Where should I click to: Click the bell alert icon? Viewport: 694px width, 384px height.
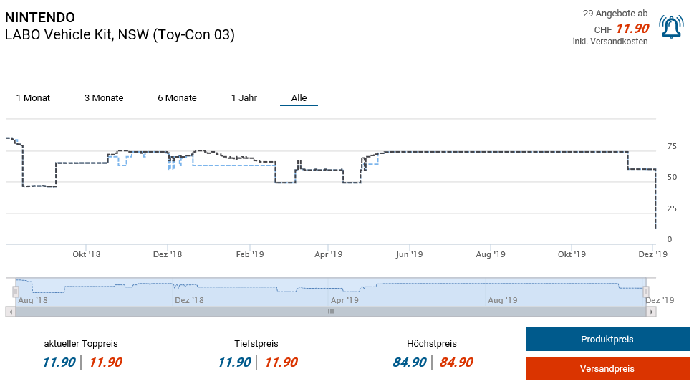click(671, 27)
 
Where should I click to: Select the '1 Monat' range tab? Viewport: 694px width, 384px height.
click(33, 98)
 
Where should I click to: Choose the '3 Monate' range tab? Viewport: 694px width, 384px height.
click(104, 98)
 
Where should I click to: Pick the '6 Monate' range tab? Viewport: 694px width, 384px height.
click(177, 98)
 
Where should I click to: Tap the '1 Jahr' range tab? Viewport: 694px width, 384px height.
click(244, 98)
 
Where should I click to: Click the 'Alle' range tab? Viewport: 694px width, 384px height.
click(299, 98)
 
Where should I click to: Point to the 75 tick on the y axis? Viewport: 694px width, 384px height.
click(671, 147)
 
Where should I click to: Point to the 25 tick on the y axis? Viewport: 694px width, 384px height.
click(671, 209)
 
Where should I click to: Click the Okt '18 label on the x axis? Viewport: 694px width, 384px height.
click(86, 254)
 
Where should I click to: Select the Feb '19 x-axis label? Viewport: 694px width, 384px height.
click(250, 254)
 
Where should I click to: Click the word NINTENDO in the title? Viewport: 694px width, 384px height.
click(39, 17)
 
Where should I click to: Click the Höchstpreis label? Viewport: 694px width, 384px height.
click(431, 344)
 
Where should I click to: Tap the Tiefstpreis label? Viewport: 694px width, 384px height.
click(256, 344)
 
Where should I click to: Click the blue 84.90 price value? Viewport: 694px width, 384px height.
click(410, 363)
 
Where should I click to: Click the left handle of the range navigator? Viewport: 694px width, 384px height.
click(15, 292)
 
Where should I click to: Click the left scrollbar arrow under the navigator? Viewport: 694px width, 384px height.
click(9, 312)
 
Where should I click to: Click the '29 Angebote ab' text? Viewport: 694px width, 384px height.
click(615, 14)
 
